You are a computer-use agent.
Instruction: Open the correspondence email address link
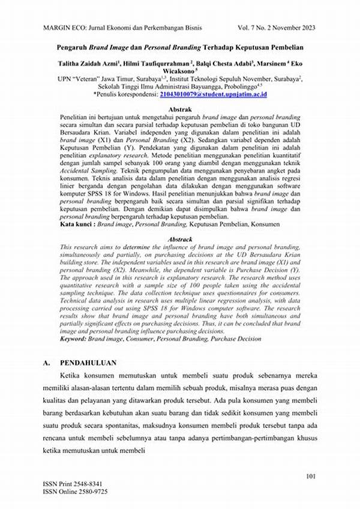click(x=213, y=95)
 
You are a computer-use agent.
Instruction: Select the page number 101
click(x=310, y=477)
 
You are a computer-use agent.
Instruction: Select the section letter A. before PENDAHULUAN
click(x=47, y=363)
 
